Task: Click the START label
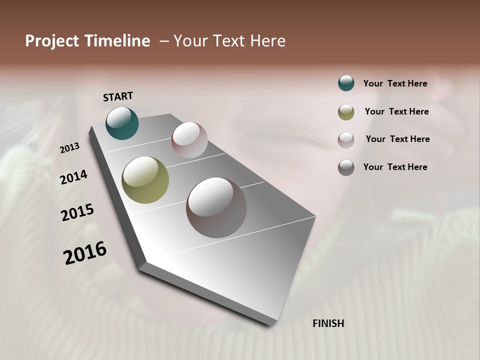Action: click(x=118, y=96)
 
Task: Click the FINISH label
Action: click(x=328, y=323)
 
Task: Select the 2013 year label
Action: click(x=69, y=148)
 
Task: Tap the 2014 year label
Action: click(x=73, y=177)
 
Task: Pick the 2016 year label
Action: click(x=85, y=253)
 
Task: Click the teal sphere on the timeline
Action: click(x=122, y=123)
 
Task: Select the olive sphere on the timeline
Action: click(x=145, y=180)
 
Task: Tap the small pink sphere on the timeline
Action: click(x=189, y=140)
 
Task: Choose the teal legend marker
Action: click(x=346, y=83)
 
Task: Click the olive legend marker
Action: click(x=346, y=112)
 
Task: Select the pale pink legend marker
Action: click(x=346, y=140)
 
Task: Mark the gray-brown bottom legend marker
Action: click(x=346, y=167)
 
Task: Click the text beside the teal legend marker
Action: click(x=395, y=83)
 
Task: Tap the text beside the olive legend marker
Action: click(x=396, y=111)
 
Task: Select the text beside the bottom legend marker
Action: click(x=395, y=167)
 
